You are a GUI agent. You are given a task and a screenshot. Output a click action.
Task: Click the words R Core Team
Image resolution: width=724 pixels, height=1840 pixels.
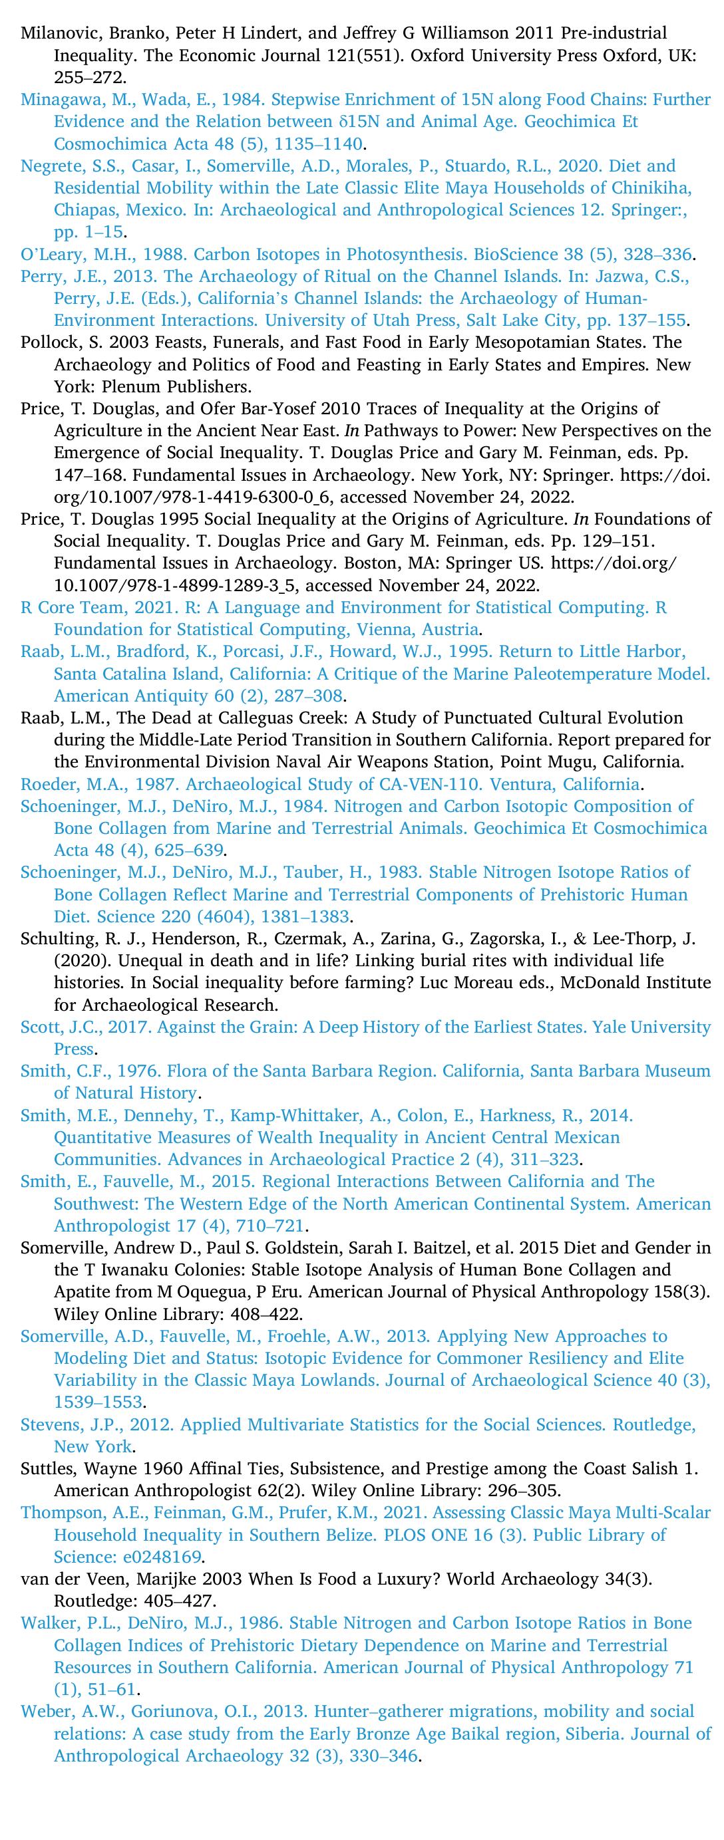[64, 608]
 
